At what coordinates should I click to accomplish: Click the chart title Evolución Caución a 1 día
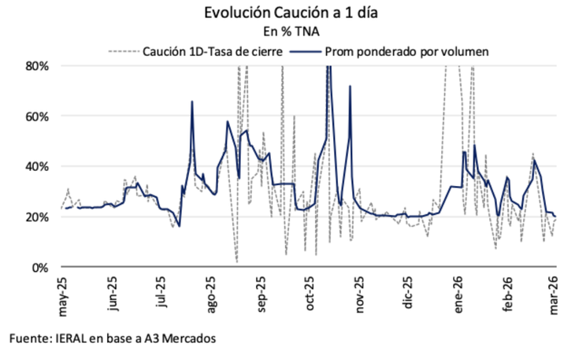tap(287, 13)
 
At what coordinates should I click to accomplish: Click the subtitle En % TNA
tap(287, 32)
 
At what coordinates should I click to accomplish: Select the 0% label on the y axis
tap(39, 267)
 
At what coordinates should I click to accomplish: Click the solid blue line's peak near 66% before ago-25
tap(192, 102)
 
